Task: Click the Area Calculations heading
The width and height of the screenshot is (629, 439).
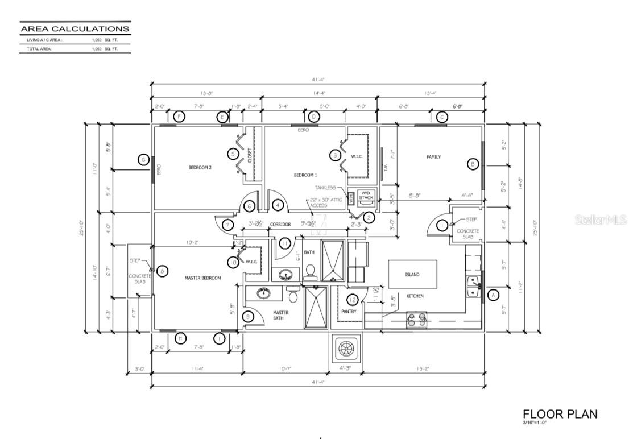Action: tap(75, 28)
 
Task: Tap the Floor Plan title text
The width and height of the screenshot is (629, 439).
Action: tap(560, 413)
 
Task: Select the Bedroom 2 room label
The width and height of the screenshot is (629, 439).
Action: tap(200, 168)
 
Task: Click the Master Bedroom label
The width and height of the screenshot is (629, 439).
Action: tap(203, 278)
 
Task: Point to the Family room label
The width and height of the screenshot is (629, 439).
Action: tap(434, 157)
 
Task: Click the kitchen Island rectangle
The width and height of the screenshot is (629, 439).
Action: tap(412, 274)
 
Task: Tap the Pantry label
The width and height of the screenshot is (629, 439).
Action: tap(348, 312)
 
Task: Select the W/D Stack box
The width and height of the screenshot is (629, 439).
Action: tap(366, 196)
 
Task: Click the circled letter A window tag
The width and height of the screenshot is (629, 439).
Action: tap(493, 295)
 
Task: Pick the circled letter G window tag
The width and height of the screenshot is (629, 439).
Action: tap(144, 160)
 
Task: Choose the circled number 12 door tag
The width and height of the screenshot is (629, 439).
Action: tap(353, 300)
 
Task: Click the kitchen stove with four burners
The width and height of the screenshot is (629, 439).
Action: tap(417, 320)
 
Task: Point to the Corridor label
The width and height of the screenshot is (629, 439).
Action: tap(280, 225)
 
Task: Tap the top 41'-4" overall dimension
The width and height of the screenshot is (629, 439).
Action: tap(318, 80)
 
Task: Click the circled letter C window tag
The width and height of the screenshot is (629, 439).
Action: tap(441, 117)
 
